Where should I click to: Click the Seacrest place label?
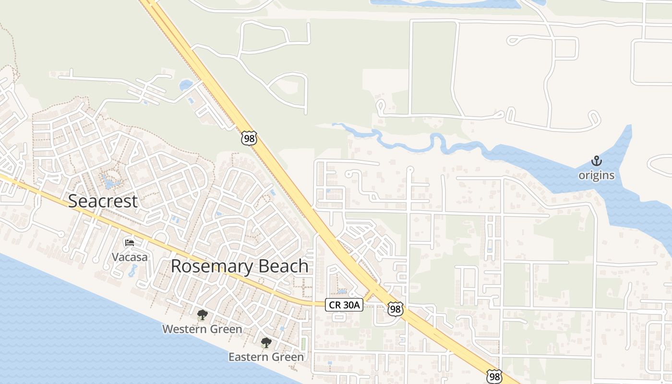(x=103, y=201)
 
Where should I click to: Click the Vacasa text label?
(x=130, y=257)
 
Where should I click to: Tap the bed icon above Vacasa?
(x=129, y=242)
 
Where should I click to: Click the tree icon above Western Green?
(x=202, y=315)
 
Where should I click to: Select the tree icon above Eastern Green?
(x=266, y=343)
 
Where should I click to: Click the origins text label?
(x=596, y=175)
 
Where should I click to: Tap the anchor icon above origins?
(x=596, y=161)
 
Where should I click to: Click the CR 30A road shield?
(x=344, y=304)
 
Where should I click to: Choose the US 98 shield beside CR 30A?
(x=395, y=309)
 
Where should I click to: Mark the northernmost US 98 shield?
(x=249, y=138)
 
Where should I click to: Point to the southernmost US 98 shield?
(x=494, y=376)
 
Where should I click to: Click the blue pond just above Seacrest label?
(x=110, y=182)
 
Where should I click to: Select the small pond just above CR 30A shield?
(x=341, y=291)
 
